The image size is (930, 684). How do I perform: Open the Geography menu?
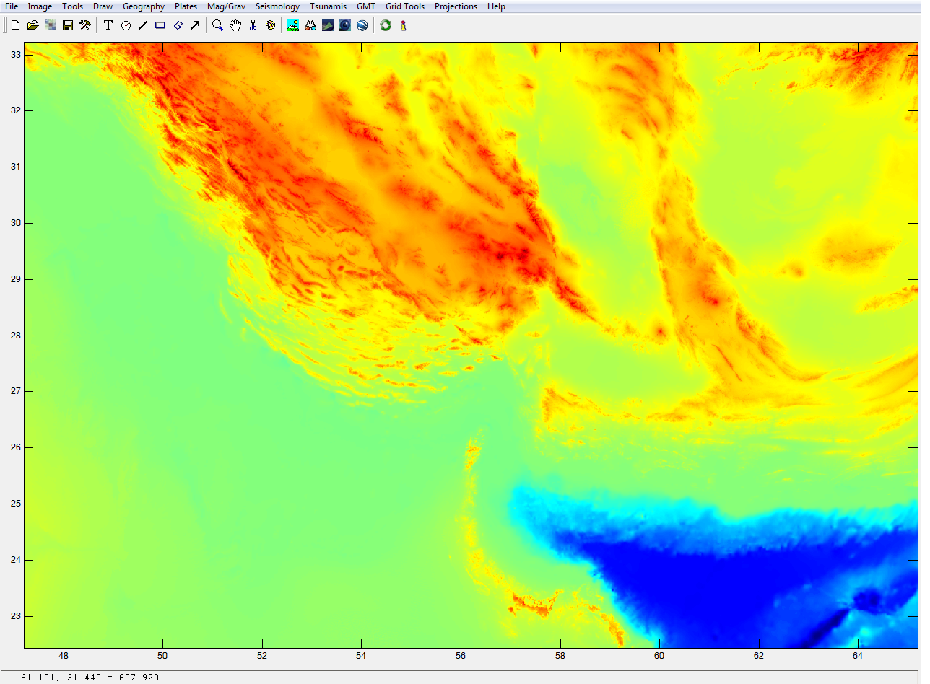pos(143,6)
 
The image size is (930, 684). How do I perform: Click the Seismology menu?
pos(277,6)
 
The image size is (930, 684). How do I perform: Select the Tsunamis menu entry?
pos(328,6)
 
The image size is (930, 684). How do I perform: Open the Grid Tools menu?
pos(404,6)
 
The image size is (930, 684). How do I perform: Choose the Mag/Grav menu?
pos(226,6)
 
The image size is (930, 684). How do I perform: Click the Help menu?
pos(496,6)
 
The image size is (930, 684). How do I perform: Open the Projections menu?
pos(456,6)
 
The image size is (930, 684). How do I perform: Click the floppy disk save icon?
pos(68,25)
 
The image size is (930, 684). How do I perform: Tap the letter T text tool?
pos(108,25)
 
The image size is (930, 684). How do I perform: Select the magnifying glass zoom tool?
pos(217,25)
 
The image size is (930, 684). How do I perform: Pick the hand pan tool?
pos(235,25)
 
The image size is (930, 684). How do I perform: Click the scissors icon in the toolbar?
pos(253,25)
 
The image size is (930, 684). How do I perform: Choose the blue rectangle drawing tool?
pos(160,25)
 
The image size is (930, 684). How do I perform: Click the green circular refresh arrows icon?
pos(386,25)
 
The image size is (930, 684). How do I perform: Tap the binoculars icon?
pos(310,25)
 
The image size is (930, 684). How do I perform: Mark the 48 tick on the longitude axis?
pos(64,656)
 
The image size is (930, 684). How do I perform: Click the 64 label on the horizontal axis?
pos(858,656)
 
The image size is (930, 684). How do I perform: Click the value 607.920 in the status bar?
pos(141,678)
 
